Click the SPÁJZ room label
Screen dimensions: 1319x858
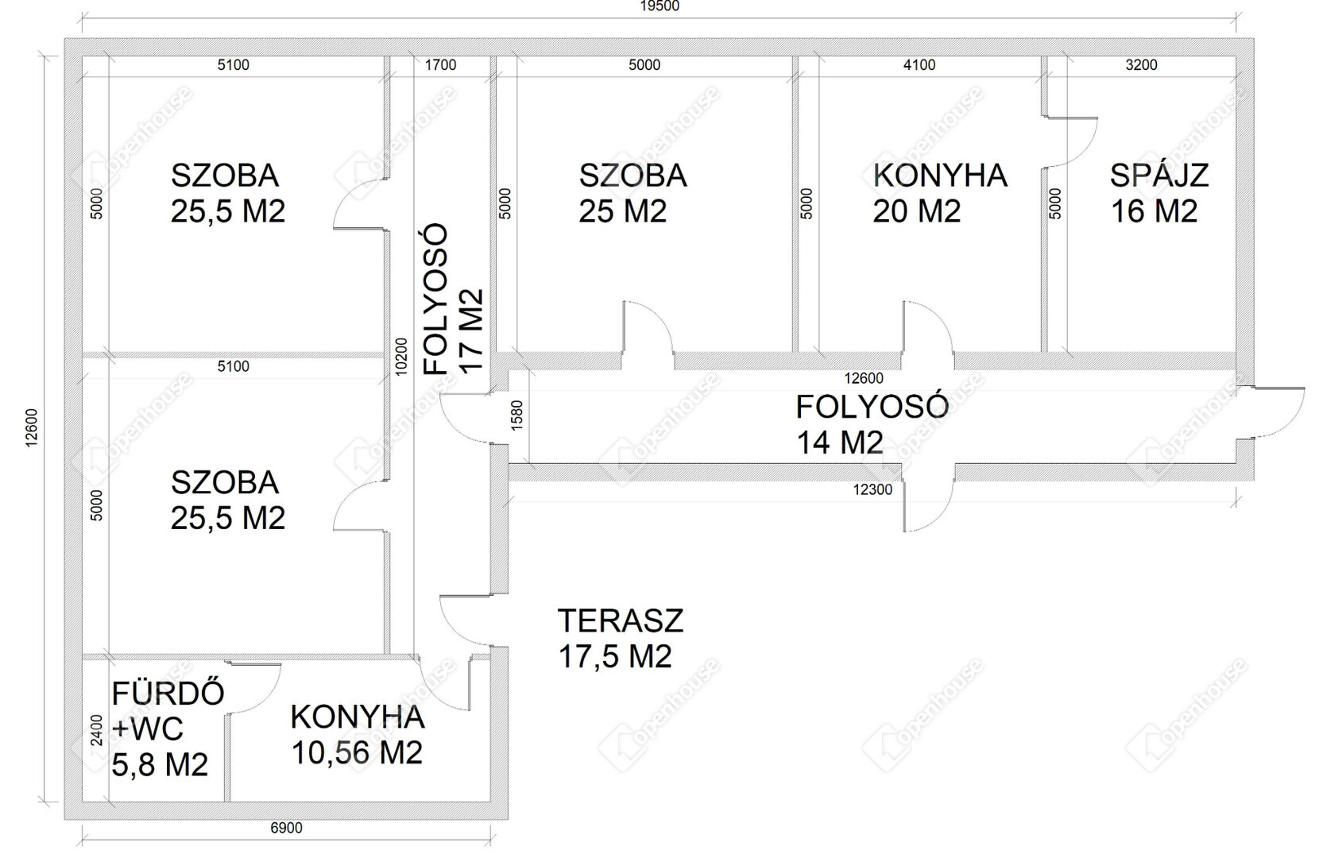(1158, 175)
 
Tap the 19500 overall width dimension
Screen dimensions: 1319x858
(659, 6)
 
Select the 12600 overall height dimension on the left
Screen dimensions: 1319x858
(32, 428)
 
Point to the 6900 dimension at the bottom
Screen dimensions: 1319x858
(286, 827)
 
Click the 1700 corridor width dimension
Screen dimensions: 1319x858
(440, 65)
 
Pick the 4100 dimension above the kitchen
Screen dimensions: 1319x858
(919, 65)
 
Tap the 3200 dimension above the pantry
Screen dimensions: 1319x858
(1141, 65)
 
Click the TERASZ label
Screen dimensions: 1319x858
(620, 620)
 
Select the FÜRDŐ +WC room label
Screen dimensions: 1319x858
(168, 711)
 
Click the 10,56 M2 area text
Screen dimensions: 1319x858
(357, 752)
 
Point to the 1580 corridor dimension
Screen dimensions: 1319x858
(517, 415)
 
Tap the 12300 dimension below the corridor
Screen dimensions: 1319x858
(872, 489)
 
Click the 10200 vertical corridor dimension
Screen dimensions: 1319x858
(401, 356)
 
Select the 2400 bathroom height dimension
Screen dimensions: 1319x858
(97, 730)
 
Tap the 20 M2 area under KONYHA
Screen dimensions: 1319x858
(916, 211)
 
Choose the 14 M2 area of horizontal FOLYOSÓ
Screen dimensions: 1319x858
(840, 443)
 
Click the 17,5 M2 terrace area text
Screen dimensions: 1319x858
(615, 656)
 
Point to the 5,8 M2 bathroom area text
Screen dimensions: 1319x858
(160, 765)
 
